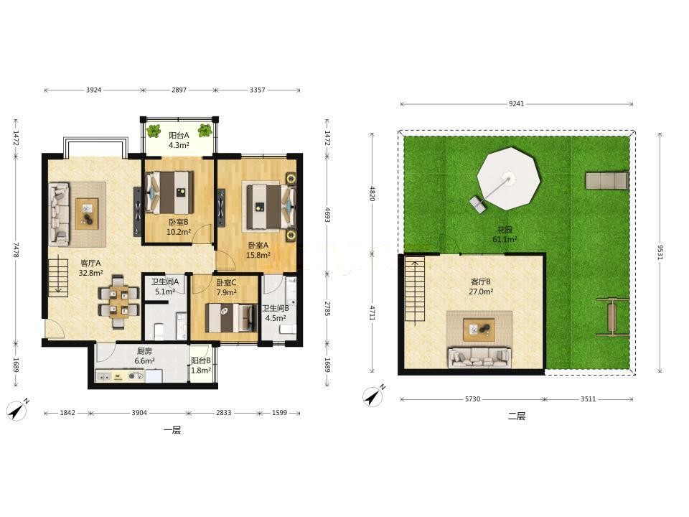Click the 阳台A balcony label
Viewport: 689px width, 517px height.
point(179,136)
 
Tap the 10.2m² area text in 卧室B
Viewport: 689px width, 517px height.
point(179,232)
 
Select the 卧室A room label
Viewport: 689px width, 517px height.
point(258,246)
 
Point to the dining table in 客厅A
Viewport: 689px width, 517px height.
point(118,302)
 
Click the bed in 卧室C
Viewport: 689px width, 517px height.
point(231,317)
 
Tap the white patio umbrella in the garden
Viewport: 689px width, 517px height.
point(508,179)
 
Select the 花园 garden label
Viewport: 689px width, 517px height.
point(505,230)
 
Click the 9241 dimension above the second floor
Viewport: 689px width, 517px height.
point(516,104)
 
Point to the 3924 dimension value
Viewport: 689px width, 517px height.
point(93,90)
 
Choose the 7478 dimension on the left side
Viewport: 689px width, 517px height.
point(16,250)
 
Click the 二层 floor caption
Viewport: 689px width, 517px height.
point(517,416)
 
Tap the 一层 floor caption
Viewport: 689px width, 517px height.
point(172,430)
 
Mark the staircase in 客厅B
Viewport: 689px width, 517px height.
point(415,290)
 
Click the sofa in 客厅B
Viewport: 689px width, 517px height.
point(479,358)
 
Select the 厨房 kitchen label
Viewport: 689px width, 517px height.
point(144,351)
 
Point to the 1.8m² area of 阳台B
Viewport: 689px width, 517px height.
point(201,371)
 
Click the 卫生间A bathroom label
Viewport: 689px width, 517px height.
point(165,281)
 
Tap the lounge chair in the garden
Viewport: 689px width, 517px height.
point(606,180)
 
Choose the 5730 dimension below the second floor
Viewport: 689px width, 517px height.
point(472,399)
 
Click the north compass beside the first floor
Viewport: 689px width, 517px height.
point(17,411)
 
